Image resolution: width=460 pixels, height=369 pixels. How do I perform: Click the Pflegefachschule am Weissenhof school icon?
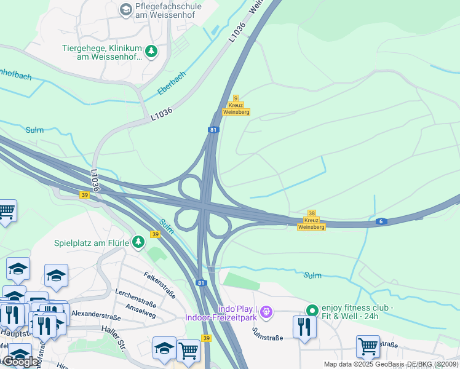pos(126,9)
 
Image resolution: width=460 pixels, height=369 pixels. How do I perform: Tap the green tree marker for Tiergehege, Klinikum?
pos(151,50)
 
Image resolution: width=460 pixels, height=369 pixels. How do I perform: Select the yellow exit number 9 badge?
pos(236,98)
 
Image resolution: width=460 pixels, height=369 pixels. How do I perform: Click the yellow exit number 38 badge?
pos(311,213)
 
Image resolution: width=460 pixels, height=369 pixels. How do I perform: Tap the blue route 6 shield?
pos(382,221)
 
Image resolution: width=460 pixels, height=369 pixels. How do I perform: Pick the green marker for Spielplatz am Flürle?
pos(139,242)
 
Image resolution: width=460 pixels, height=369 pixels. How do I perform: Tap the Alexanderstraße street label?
pos(95,314)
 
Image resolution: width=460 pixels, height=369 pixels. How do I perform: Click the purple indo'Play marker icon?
pos(266,312)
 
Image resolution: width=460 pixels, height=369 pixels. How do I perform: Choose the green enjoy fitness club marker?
pos(312,311)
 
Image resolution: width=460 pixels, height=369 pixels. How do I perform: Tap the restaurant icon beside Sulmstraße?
pos(304,327)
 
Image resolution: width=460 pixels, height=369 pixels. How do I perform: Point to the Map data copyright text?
pos(391,364)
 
